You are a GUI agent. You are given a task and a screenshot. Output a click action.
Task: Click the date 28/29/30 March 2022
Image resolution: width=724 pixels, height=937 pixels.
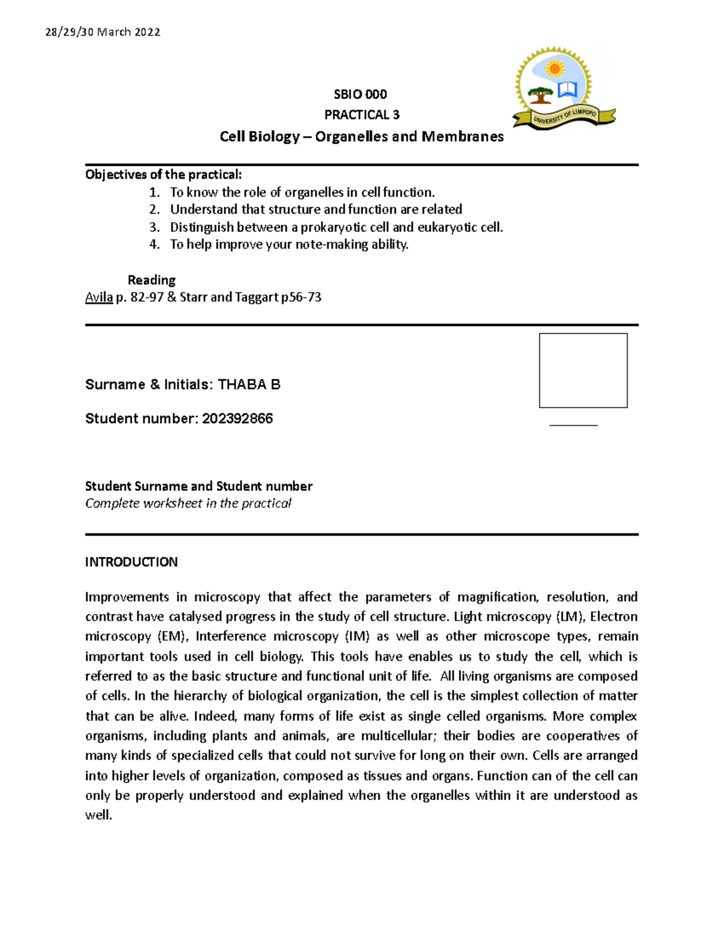click(103, 33)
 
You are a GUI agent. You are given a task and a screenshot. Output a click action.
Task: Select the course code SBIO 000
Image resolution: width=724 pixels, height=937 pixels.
click(360, 94)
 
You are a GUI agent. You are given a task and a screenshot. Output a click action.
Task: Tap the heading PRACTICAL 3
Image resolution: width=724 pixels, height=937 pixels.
click(361, 115)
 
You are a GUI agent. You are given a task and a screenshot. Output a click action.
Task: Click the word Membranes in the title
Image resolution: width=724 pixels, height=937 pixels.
click(462, 137)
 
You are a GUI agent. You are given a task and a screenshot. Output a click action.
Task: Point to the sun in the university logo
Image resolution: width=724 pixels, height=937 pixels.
click(553, 69)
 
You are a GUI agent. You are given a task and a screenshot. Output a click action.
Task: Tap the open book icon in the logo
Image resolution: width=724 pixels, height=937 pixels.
click(568, 91)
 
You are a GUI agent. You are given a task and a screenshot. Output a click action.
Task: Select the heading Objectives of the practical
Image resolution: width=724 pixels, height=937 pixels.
click(163, 175)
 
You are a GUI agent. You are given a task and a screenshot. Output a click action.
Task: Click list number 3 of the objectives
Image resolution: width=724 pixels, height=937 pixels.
click(154, 227)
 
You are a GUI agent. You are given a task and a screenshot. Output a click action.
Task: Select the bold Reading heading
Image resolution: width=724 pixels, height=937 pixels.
click(151, 280)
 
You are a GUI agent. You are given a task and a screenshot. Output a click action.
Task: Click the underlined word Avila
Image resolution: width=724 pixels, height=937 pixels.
click(98, 297)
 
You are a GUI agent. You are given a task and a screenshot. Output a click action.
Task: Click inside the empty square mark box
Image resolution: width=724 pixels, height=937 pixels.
click(583, 370)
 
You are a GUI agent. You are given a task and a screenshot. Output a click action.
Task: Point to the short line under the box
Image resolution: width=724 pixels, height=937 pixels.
click(573, 425)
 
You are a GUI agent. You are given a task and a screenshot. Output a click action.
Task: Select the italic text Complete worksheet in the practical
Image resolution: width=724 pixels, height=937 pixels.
click(188, 504)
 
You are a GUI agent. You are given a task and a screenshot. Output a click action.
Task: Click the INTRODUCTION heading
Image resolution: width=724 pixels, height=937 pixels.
click(131, 562)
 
